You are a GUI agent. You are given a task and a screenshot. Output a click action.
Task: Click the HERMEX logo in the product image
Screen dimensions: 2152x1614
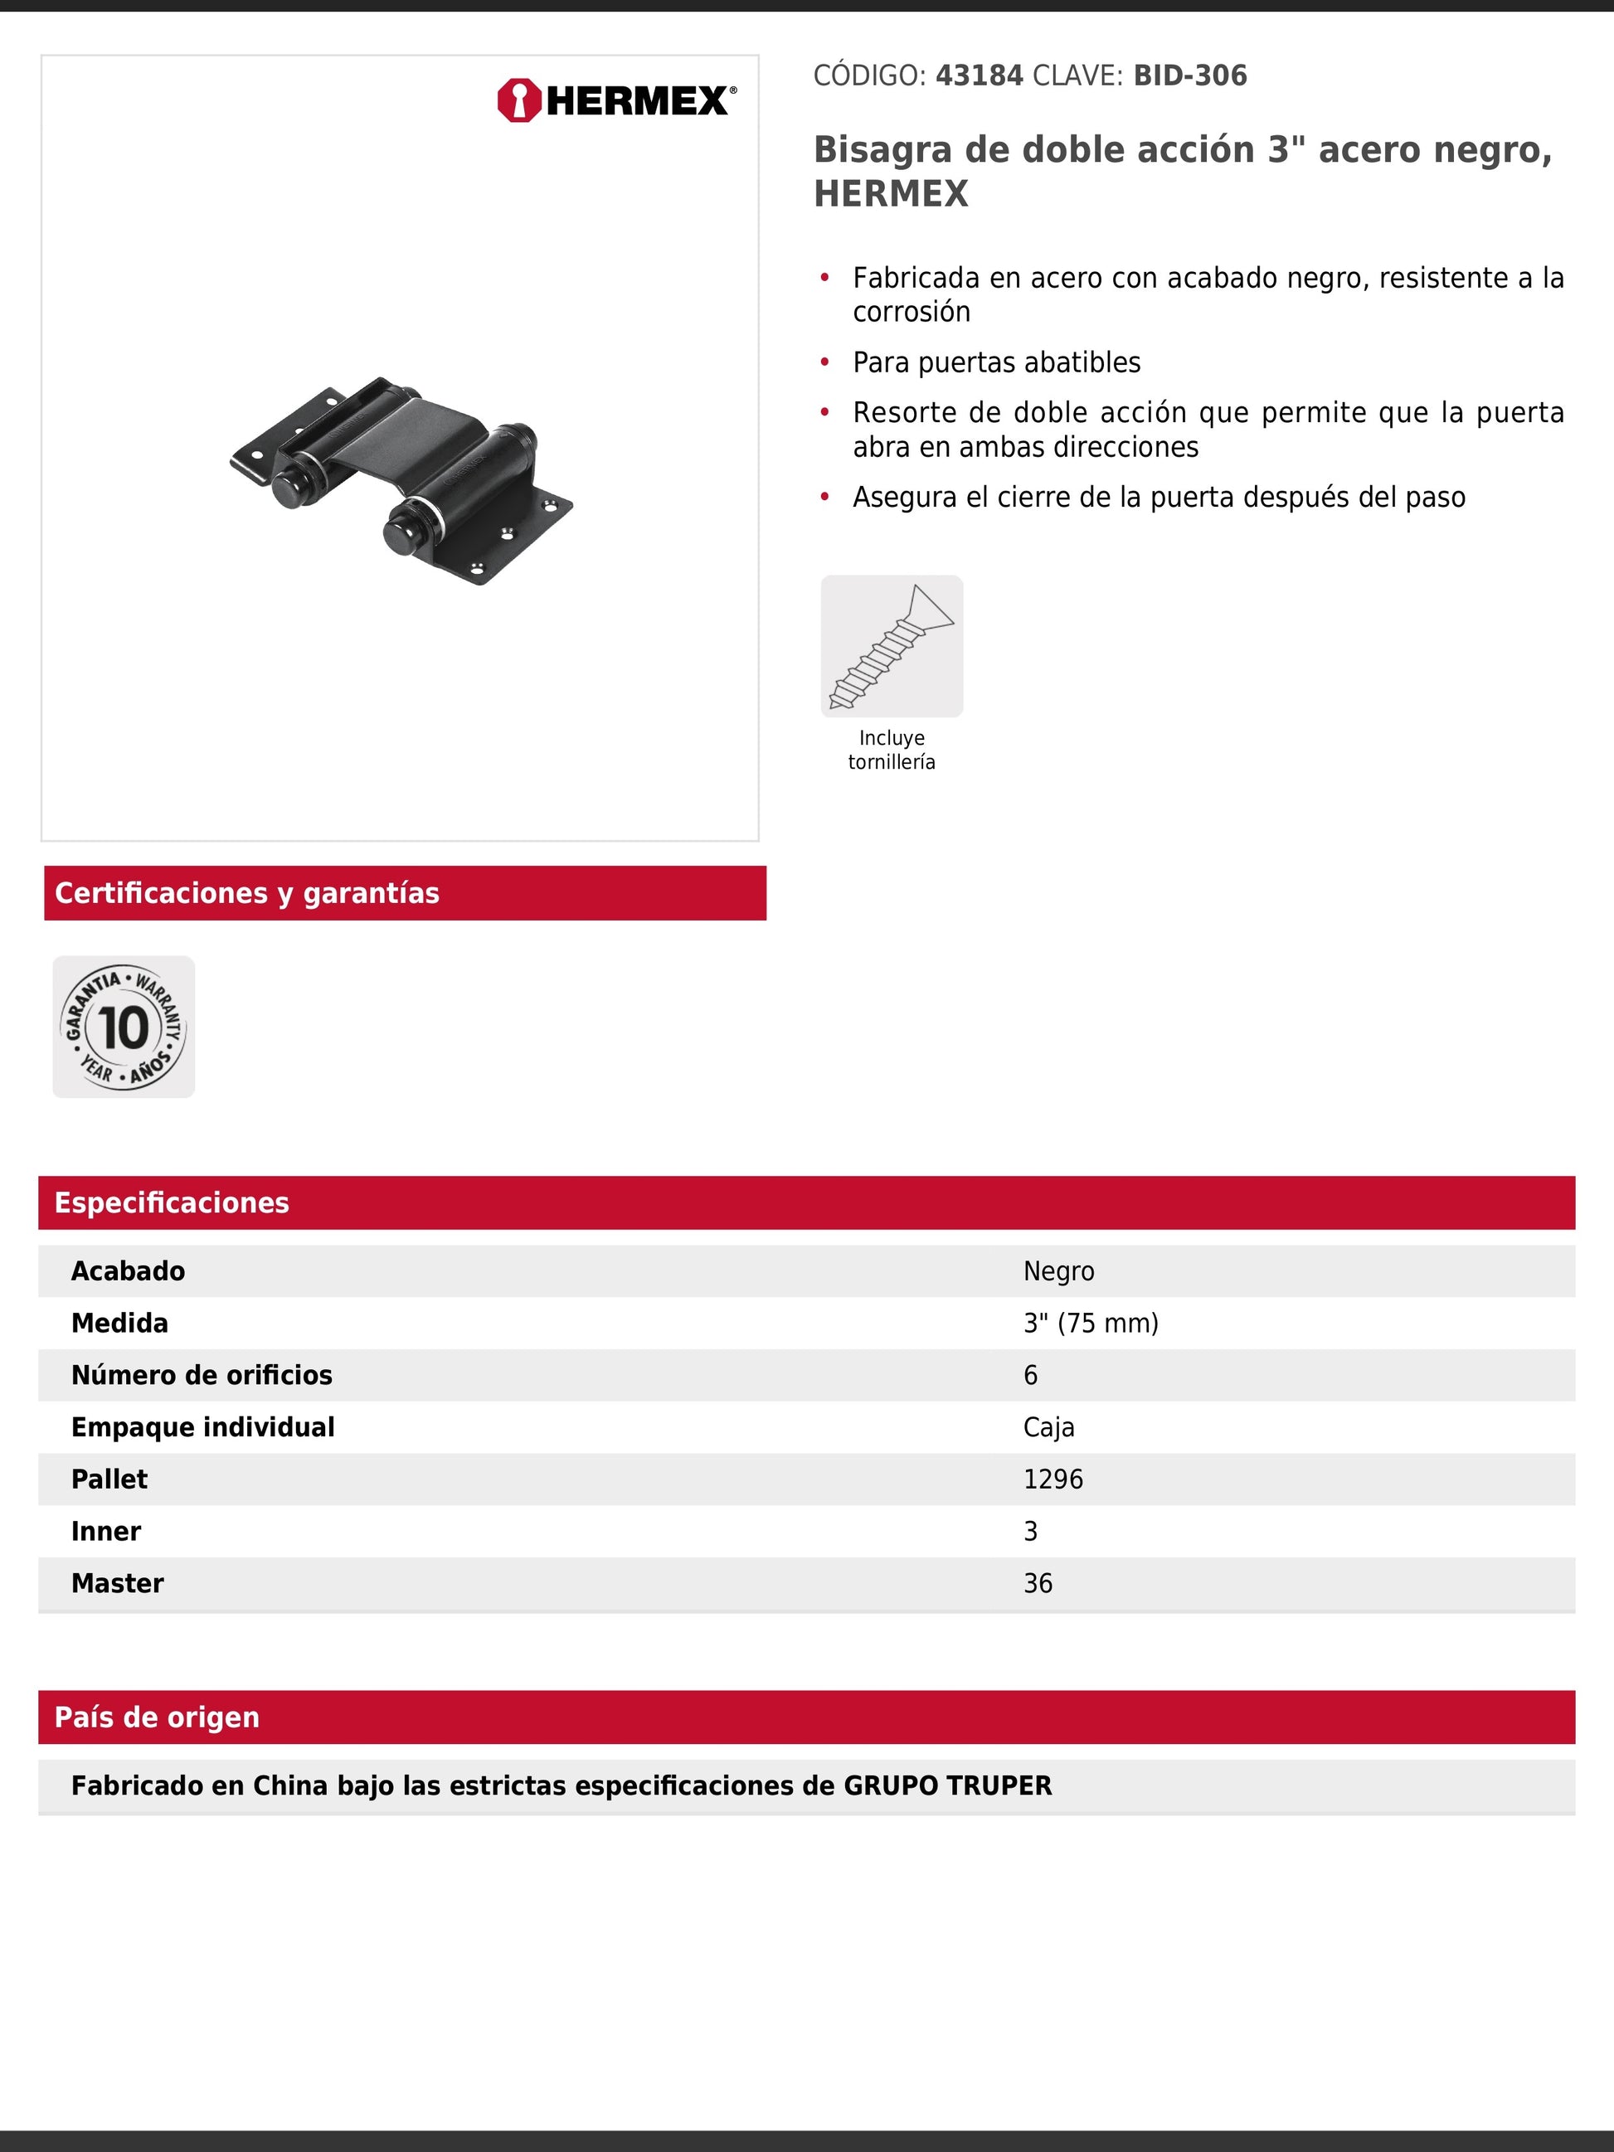pyautogui.click(x=616, y=100)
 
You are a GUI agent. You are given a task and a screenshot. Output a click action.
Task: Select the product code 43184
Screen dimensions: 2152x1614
pyautogui.click(x=979, y=76)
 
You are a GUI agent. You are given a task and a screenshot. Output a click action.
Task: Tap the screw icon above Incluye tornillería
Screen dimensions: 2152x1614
pyautogui.click(x=891, y=646)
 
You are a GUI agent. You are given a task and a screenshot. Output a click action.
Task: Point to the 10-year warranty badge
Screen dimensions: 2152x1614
pyautogui.click(x=124, y=1027)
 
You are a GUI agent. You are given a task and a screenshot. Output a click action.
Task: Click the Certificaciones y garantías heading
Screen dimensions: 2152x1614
pyautogui.click(x=247, y=893)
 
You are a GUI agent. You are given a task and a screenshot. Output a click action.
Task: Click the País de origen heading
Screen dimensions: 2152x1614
pyautogui.click(x=157, y=1717)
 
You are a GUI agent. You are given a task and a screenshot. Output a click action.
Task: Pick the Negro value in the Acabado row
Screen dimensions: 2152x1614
pyautogui.click(x=1058, y=1271)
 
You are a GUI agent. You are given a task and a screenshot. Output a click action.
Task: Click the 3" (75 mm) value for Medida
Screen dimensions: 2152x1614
pyautogui.click(x=1091, y=1323)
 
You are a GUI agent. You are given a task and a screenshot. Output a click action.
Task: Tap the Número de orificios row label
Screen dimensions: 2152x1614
pyautogui.click(x=202, y=1375)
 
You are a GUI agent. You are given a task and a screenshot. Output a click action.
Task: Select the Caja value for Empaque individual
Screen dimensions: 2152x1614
pyautogui.click(x=1048, y=1427)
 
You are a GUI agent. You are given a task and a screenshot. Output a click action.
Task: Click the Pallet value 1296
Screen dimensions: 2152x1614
pyautogui.click(x=1053, y=1479)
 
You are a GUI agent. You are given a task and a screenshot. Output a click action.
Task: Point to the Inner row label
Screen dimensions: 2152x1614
pyautogui.click(x=106, y=1532)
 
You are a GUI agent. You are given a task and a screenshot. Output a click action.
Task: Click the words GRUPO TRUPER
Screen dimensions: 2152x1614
pyautogui.click(x=946, y=1785)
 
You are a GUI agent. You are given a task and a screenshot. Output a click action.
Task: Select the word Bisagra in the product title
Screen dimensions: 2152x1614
pyautogui.click(x=882, y=150)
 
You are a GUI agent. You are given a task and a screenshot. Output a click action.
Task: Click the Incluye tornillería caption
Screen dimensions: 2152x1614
pyautogui.click(x=891, y=750)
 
